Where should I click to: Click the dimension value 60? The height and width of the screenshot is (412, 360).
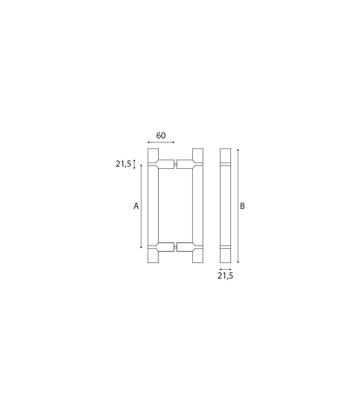[161, 135]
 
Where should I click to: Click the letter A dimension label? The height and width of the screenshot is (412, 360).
[136, 206]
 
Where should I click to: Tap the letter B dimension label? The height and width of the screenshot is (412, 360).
[242, 206]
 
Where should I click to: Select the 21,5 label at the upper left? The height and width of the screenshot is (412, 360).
[123, 164]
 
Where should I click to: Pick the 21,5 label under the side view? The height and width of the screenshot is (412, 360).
[225, 276]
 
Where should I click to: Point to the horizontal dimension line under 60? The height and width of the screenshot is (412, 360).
[161, 142]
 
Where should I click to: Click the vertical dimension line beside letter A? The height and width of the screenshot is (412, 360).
[141, 206]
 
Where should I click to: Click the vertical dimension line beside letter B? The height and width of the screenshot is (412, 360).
[238, 206]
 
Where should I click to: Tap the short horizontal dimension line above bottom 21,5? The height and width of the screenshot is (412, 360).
[226, 269]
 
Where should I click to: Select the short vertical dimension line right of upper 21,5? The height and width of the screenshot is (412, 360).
[134, 164]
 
